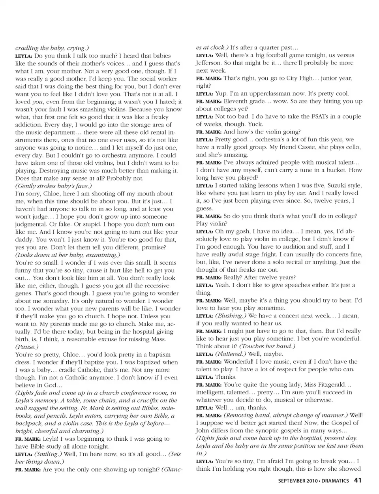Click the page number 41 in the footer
358,481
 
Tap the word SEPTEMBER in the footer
293,481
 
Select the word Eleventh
238,101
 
